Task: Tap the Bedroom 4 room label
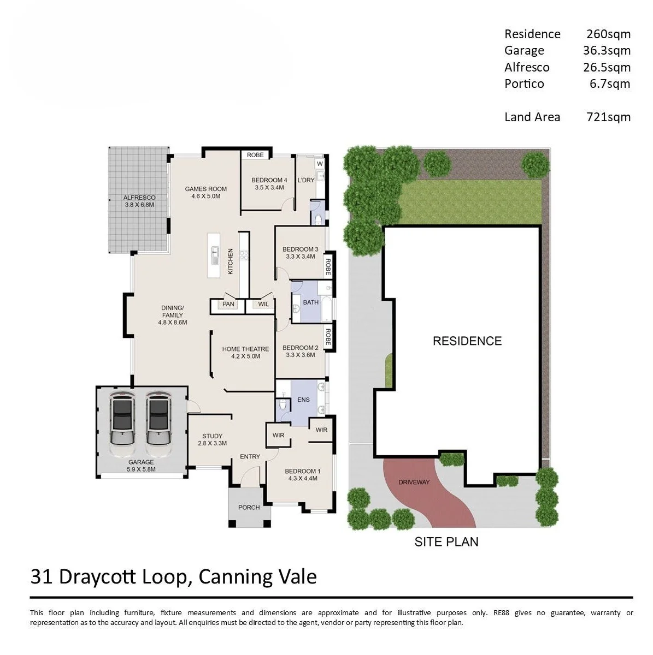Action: (269, 183)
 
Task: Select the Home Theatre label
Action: (245, 353)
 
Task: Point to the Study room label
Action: (212, 439)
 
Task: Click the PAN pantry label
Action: (228, 304)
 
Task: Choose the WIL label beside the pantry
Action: (263, 304)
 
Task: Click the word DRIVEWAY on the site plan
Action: (414, 482)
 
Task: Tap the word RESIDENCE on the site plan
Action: (467, 341)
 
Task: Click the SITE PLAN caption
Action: (446, 541)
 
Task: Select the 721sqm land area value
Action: (608, 117)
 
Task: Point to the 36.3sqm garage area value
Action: (607, 50)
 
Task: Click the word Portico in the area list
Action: (524, 84)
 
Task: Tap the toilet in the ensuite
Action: (283, 404)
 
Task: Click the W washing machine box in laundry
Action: (320, 164)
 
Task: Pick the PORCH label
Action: (249, 507)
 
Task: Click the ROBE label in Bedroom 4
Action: (255, 154)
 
